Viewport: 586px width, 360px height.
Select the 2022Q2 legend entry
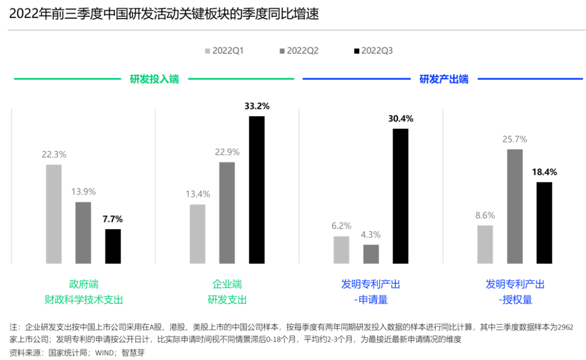point(299,51)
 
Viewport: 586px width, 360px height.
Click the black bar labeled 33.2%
point(257,190)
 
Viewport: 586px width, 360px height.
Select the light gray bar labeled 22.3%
point(54,214)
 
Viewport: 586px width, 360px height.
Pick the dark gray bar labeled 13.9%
point(83,233)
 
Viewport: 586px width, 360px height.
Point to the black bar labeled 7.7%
point(113,247)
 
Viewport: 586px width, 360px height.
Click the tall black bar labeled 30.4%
point(400,196)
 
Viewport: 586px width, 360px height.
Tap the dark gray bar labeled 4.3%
point(371,254)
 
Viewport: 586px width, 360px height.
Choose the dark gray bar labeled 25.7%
point(515,206)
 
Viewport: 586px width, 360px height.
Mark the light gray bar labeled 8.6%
point(485,244)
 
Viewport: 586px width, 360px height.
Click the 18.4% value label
point(544,172)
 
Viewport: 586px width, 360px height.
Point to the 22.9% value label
point(227,152)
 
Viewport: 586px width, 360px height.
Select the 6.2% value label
point(341,226)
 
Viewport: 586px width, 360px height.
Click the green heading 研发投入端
point(154,79)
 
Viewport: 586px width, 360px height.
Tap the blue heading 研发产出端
point(444,79)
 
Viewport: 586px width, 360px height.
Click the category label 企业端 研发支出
point(227,292)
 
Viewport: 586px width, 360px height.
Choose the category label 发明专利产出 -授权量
point(515,292)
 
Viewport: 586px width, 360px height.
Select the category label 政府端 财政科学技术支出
point(84,292)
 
